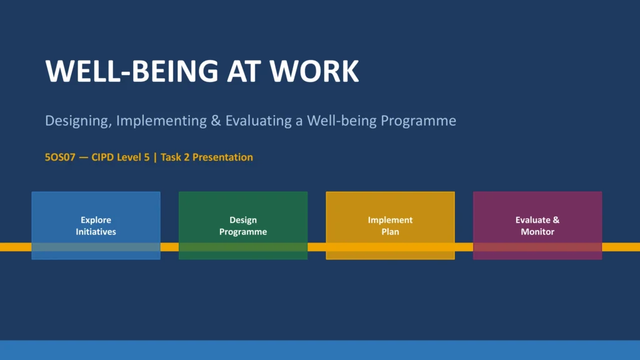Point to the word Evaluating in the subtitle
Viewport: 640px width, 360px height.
258,121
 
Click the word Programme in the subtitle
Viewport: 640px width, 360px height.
418,121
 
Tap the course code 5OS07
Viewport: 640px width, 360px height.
60,157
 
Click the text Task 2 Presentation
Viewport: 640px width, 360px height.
207,157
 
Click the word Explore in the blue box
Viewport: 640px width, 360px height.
96,220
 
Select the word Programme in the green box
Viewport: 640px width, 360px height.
243,232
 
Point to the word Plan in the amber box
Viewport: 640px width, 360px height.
390,232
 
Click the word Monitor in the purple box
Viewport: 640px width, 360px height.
537,232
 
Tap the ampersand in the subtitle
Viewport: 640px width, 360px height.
216,121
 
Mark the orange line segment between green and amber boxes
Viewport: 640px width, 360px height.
317,247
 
